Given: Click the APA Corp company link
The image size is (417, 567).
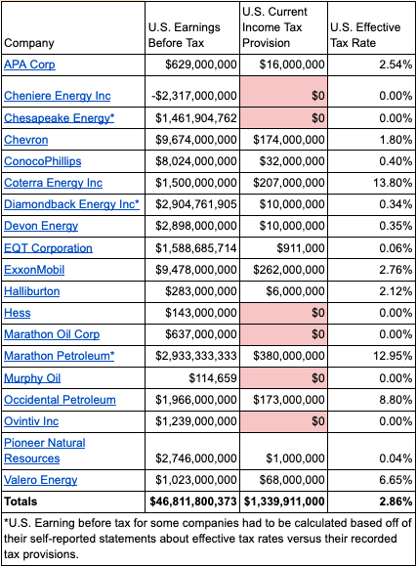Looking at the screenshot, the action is (29, 65).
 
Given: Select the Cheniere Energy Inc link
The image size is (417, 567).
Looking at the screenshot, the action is (57, 96).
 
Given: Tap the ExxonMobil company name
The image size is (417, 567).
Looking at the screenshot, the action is (34, 270).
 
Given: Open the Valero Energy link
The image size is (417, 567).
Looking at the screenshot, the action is (40, 480).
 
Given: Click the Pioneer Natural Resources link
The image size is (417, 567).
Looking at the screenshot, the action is (45, 451).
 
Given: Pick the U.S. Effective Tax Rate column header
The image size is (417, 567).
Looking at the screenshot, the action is (365, 35).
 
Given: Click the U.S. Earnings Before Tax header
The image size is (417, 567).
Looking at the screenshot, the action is (185, 35).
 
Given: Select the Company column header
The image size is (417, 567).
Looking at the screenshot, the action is (29, 43).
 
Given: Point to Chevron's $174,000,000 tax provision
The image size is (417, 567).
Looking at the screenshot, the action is (289, 140).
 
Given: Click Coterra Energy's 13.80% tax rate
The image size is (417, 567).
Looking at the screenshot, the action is (393, 183).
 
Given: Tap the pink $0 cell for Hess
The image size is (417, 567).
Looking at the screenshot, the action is (283, 313).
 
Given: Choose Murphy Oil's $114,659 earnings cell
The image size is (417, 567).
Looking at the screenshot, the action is (213, 378).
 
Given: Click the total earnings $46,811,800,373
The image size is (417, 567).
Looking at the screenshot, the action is (193, 502).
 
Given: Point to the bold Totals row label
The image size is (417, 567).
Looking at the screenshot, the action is (21, 502).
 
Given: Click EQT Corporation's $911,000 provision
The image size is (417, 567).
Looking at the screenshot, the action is (301, 248).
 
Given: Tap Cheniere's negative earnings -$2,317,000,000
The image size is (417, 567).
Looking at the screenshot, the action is (194, 96).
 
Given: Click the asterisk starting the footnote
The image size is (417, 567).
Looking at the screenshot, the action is (6, 522).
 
